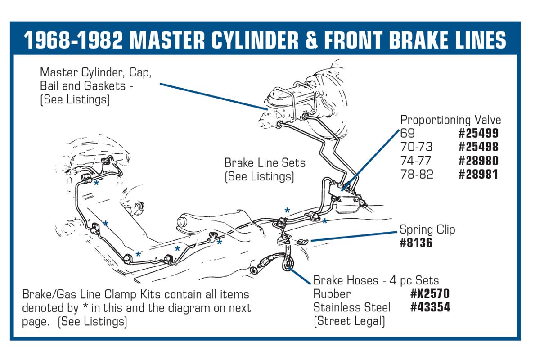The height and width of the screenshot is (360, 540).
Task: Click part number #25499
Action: coord(478,133)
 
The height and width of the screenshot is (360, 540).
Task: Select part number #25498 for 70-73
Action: coord(478,147)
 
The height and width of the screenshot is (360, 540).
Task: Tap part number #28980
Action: coord(478,161)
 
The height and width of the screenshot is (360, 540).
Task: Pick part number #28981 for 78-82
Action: coord(478,174)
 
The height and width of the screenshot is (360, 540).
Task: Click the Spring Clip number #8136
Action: coord(416,243)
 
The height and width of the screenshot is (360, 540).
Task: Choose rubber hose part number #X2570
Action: coord(430,293)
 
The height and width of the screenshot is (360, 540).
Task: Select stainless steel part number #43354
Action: coord(430,307)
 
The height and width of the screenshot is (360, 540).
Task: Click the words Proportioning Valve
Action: coord(450,120)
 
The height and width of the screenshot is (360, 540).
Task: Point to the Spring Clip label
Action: coord(427,229)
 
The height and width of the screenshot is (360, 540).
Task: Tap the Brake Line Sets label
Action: coord(265,163)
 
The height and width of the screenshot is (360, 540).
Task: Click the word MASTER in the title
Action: coord(167,40)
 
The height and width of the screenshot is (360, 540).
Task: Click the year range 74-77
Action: coord(416,161)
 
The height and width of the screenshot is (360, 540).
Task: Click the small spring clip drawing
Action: coord(302,241)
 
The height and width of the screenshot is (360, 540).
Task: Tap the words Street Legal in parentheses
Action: coord(349,321)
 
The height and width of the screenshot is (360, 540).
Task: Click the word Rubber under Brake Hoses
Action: coord(332,294)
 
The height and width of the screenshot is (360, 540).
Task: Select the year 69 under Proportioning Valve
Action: coord(407,133)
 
